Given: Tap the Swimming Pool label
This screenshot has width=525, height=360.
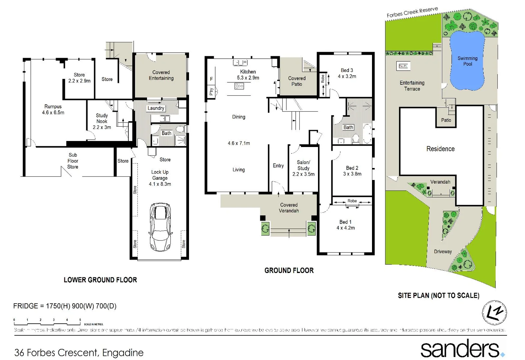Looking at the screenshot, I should pos(467,61).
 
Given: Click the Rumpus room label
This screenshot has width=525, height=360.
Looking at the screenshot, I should pos(53,110).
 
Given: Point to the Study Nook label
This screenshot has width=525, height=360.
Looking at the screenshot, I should pos(102,121).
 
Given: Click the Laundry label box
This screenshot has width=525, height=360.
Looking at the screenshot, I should pos(156,108).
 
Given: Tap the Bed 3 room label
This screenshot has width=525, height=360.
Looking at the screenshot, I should pos(347,73).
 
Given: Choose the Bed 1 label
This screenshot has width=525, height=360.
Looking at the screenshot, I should pos(345,225).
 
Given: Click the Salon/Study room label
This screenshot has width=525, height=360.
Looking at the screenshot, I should pos(303,168).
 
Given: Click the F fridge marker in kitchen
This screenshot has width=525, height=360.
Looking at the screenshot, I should pos(211,79).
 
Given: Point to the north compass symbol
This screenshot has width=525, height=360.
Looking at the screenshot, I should pos(494,313).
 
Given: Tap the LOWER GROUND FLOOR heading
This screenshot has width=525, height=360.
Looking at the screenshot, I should pos(100,280).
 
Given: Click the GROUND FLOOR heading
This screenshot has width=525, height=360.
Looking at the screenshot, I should pos(289,271).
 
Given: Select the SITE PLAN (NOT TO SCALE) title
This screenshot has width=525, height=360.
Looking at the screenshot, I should pos(438,295).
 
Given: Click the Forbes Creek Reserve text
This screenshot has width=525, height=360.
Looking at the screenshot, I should pos(412,12).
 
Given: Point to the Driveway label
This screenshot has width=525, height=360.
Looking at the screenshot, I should pos(443,252).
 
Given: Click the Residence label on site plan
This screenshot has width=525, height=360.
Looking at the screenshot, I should pos(440,149).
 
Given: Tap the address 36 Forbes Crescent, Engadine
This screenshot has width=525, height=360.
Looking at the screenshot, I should pos(79,352).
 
